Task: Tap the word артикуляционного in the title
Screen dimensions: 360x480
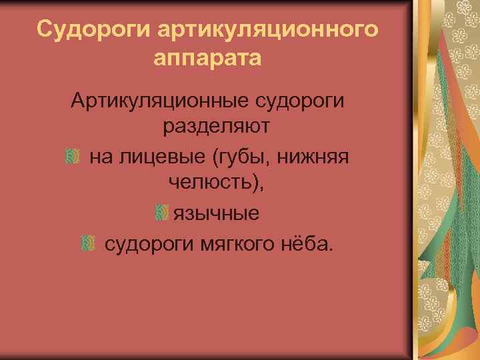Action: coord(269,29)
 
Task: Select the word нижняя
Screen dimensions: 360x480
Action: coord(319,157)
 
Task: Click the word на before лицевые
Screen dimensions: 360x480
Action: coord(100,157)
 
